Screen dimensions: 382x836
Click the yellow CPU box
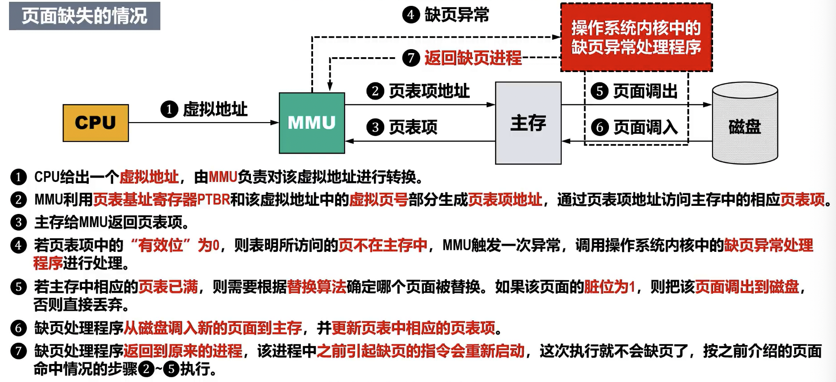(x=95, y=123)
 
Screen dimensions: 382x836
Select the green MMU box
(x=312, y=123)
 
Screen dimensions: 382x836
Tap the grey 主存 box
(x=528, y=123)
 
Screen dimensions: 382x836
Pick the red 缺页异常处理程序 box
(x=636, y=37)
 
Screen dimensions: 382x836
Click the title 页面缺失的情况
(x=84, y=16)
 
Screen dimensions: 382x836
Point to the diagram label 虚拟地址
(x=215, y=109)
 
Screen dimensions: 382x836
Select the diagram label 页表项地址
(x=429, y=91)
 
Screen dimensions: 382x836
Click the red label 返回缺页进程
(x=473, y=58)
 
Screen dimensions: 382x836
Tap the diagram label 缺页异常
(x=456, y=15)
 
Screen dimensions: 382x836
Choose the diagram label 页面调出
(x=645, y=91)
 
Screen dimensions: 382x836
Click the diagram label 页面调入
(x=645, y=127)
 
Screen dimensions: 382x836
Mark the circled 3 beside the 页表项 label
(x=375, y=127)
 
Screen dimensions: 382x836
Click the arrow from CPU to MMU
(x=203, y=123)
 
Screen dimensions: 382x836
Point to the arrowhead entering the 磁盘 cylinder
(x=708, y=105)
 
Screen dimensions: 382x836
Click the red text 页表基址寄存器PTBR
(x=161, y=200)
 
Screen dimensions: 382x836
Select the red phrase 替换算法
(x=316, y=286)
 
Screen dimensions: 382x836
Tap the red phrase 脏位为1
(x=609, y=286)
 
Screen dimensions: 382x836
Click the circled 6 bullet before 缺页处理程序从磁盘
(x=18, y=328)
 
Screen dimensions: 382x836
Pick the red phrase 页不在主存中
(x=382, y=246)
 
